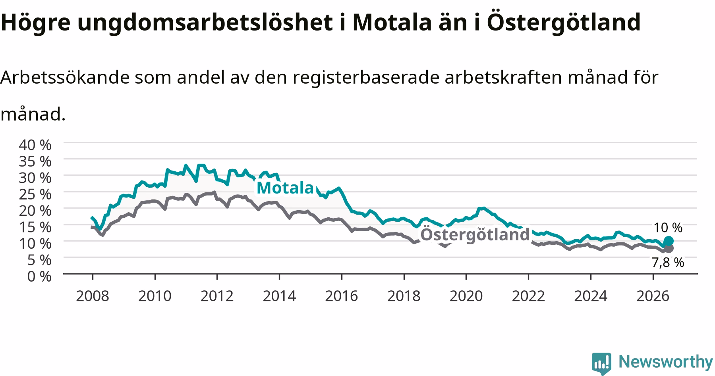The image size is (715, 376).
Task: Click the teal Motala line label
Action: (x=285, y=188)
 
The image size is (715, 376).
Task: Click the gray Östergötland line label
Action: (x=475, y=234)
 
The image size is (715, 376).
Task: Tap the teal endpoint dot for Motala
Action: (x=669, y=241)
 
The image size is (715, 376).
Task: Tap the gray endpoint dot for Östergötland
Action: (x=669, y=248)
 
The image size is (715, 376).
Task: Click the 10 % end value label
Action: (x=668, y=228)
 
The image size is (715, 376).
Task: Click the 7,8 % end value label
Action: (x=668, y=262)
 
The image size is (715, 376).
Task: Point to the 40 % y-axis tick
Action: (x=35, y=145)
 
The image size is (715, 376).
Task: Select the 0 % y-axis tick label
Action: (x=39, y=276)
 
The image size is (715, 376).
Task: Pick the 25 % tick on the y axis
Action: (x=35, y=194)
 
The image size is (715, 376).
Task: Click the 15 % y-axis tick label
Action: (x=35, y=227)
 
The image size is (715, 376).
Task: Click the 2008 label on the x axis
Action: (x=92, y=296)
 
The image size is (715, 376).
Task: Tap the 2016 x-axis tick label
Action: (x=341, y=296)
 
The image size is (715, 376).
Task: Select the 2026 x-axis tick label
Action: (x=653, y=296)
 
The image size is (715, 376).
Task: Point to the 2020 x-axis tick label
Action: (x=466, y=296)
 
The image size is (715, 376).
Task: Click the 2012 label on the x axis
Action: (x=217, y=296)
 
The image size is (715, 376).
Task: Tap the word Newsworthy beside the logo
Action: (x=666, y=362)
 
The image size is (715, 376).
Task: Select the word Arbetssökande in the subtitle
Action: (x=65, y=77)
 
